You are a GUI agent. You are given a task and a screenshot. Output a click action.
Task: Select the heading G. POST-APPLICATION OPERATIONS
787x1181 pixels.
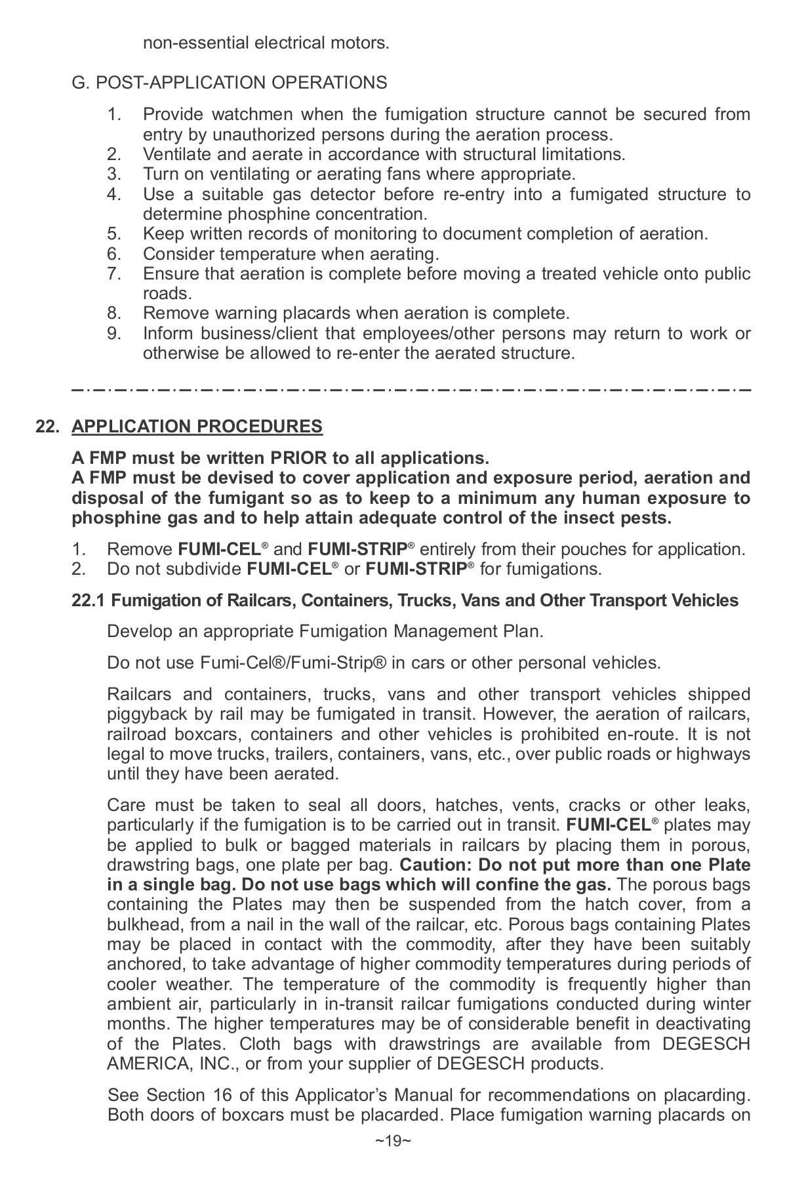point(229,83)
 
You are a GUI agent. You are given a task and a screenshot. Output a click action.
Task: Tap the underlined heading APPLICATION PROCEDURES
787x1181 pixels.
point(197,426)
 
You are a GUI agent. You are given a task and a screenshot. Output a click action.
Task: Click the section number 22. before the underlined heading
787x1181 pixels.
point(48,426)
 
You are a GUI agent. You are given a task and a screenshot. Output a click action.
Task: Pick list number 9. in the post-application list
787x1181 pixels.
point(115,333)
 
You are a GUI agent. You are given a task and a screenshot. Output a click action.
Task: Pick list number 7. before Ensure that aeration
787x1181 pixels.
point(115,274)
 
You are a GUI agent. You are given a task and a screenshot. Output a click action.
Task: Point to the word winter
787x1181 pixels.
point(724,1005)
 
